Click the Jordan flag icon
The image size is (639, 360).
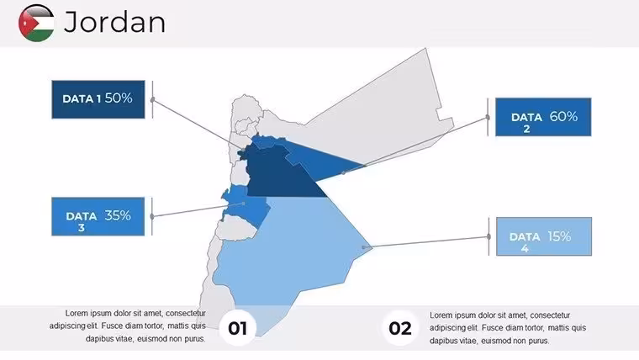36,23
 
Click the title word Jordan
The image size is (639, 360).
114,22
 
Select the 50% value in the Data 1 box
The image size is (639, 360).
119,98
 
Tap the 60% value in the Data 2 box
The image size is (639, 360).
563,117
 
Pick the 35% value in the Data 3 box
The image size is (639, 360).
118,215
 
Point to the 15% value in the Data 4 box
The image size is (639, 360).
559,236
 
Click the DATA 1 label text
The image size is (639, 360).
82,98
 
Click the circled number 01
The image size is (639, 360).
238,328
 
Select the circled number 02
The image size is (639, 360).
399,328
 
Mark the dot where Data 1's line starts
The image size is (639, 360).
152,100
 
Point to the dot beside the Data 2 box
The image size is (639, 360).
488,118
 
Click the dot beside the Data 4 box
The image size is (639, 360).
488,236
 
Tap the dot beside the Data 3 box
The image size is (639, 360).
152,216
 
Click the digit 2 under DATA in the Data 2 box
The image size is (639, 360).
526,130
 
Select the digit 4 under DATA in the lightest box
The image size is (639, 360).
525,248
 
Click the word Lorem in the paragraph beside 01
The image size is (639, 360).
77,313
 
